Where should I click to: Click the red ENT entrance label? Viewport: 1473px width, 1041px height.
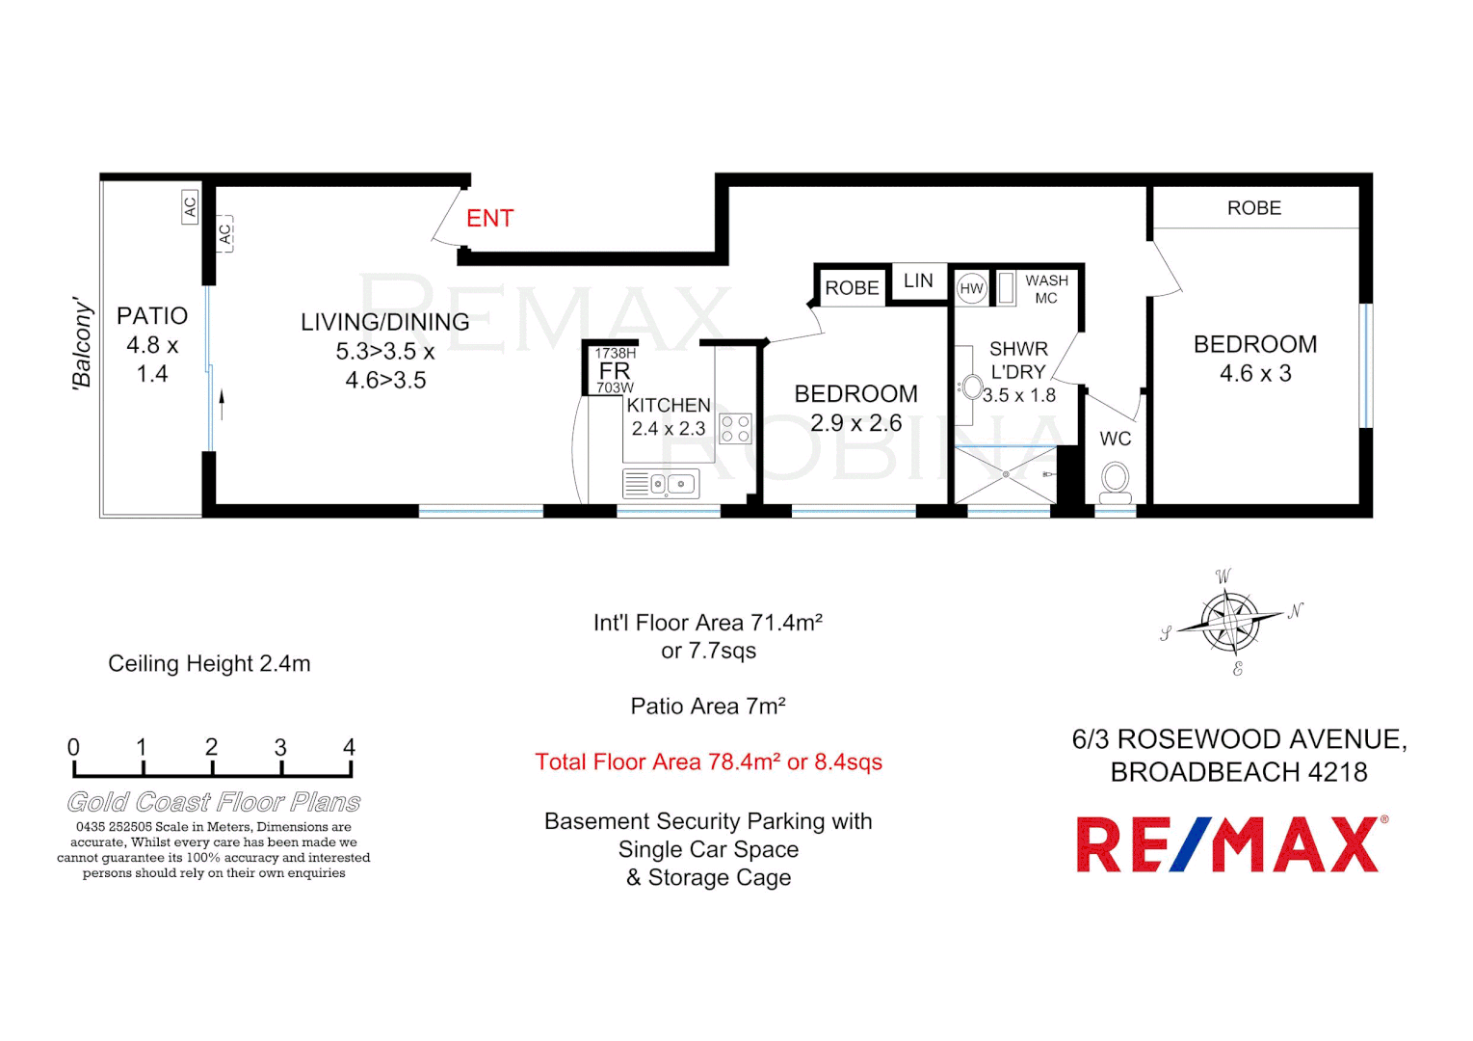(489, 219)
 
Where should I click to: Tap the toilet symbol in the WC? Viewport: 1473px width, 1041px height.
(1116, 480)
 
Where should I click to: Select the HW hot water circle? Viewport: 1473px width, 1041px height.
(971, 288)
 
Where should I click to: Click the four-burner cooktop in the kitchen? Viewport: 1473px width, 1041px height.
(735, 429)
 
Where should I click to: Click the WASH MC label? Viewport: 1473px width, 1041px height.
(1046, 289)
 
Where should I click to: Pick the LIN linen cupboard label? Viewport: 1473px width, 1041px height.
(917, 280)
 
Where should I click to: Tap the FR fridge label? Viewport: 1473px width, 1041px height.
(615, 371)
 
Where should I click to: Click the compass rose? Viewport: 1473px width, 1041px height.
(1230, 622)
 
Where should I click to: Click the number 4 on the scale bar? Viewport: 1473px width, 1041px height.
(349, 748)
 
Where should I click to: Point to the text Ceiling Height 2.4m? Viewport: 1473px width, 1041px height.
(209, 663)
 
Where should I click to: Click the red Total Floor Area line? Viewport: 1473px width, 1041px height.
(708, 762)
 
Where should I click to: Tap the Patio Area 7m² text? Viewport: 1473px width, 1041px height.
(708, 707)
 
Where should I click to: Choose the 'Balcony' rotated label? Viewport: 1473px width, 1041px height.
(83, 344)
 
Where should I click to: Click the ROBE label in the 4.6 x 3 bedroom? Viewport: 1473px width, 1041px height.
(1253, 208)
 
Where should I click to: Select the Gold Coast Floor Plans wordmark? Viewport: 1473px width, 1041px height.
(214, 802)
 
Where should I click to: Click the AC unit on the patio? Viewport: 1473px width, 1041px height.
(190, 206)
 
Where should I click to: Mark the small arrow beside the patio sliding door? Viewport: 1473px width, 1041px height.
(222, 404)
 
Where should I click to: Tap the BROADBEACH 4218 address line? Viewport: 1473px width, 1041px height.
(1238, 772)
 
